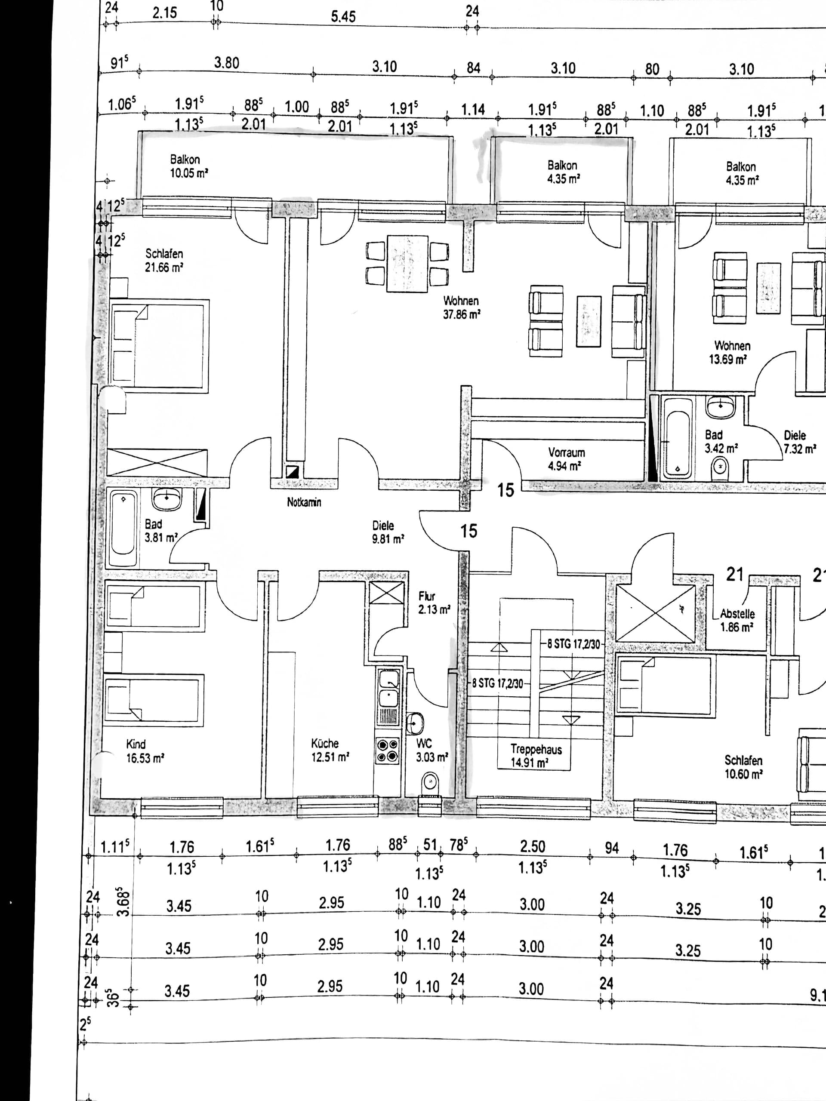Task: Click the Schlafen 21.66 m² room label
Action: tap(164, 260)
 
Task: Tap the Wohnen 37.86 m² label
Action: tap(462, 308)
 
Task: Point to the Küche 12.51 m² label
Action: tap(330, 750)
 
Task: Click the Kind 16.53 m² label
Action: tap(145, 751)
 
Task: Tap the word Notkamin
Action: tap(304, 502)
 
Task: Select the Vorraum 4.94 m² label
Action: tap(566, 459)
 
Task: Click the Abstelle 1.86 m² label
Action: tap(737, 620)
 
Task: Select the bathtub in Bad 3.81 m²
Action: tap(123, 529)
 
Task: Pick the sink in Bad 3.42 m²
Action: tap(720, 407)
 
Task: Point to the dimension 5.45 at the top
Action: tap(344, 16)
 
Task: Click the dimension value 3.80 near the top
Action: tap(227, 63)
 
